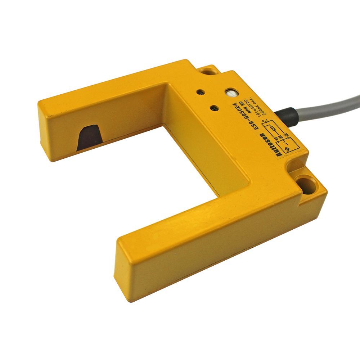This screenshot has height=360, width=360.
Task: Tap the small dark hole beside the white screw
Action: pos(200,92)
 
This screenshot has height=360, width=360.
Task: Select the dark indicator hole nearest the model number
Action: pos(215,108)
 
